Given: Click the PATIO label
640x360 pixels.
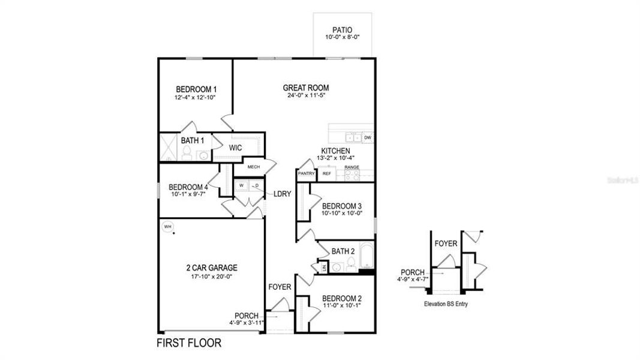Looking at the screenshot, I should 342,29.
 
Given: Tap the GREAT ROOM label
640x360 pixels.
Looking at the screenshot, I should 305,88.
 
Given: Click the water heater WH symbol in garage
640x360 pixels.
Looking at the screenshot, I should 168,226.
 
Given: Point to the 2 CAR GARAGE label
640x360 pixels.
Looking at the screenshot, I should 212,268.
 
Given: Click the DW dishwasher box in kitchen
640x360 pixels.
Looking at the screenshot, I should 367,137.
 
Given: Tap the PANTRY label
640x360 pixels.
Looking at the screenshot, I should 306,173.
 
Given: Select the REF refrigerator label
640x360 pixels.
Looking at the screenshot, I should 327,173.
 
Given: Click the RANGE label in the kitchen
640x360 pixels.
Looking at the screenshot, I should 351,167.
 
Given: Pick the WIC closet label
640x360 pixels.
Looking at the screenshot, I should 235,147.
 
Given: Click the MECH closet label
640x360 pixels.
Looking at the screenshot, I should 253,167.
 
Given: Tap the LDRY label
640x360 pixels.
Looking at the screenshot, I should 282,194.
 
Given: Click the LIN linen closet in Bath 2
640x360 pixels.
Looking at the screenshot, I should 323,268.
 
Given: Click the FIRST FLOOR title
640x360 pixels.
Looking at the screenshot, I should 189,344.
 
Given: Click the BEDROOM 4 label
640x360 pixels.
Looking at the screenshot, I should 188,186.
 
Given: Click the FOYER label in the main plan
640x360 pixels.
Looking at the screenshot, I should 280,287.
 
